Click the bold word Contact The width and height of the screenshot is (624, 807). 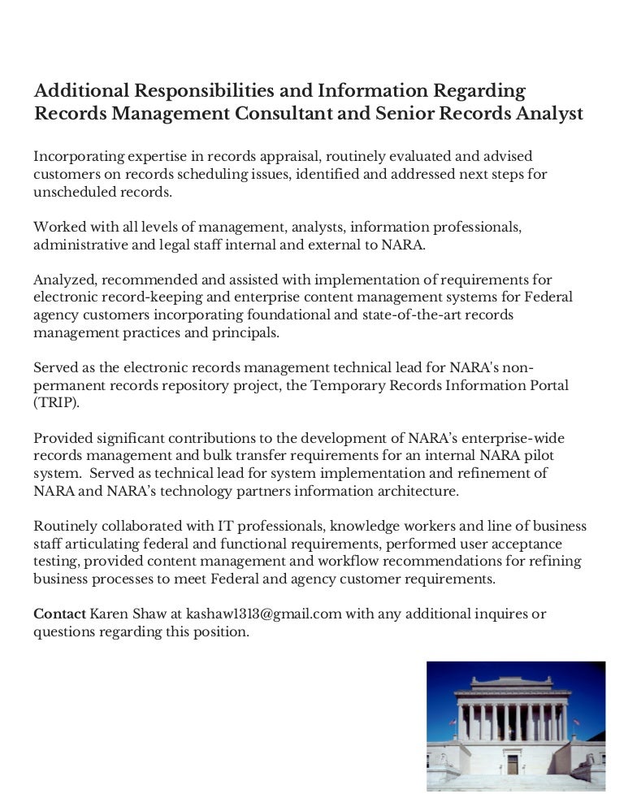click(59, 613)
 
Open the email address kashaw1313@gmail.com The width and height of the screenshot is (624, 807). click(263, 613)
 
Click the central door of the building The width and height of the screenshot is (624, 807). click(512, 763)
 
